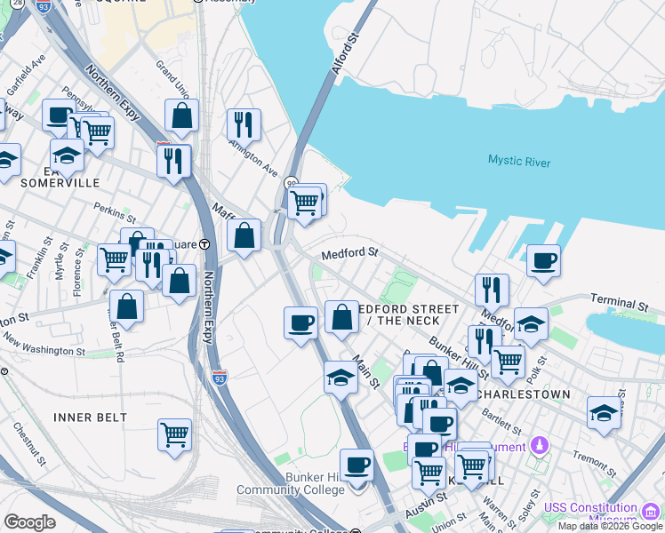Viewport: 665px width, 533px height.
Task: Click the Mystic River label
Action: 518,162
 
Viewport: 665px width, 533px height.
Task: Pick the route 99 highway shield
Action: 291,183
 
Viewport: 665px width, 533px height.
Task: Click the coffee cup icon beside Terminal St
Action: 543,261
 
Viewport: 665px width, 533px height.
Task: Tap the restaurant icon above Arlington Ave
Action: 244,124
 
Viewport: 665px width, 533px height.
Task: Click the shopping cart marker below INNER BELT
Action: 175,434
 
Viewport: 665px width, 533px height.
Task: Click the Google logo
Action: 29,521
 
